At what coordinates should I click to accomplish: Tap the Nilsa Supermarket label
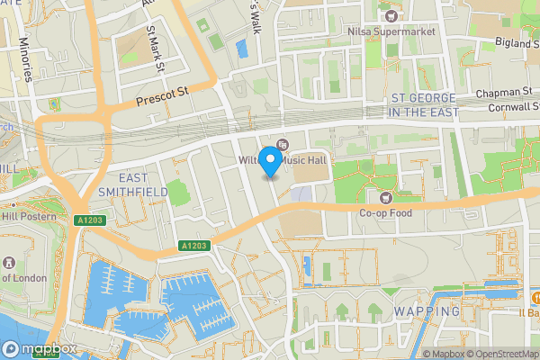[391, 31]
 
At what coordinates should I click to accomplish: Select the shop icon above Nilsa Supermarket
[391, 15]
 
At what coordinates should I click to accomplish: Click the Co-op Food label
[386, 213]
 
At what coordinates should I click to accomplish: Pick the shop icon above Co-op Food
[386, 197]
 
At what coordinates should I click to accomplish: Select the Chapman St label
[505, 92]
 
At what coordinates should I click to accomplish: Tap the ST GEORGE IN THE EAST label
[423, 104]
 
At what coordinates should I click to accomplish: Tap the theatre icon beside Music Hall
[283, 145]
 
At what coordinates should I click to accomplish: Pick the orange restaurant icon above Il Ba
[535, 297]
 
